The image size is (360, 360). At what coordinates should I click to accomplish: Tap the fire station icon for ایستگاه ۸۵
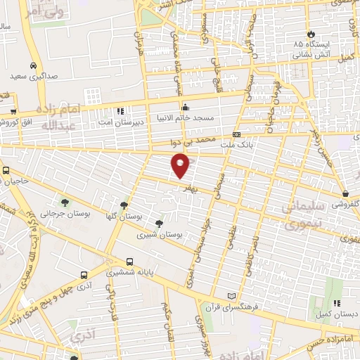(x=310, y=34)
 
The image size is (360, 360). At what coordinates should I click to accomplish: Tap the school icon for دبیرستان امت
(x=120, y=111)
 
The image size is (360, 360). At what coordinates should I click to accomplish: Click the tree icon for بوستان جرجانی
(x=65, y=202)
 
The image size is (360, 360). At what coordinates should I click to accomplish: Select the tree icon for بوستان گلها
(x=124, y=205)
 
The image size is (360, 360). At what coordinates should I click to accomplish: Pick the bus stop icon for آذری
(x=84, y=275)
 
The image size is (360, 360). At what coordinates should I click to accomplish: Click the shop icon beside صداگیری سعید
(x=14, y=74)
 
